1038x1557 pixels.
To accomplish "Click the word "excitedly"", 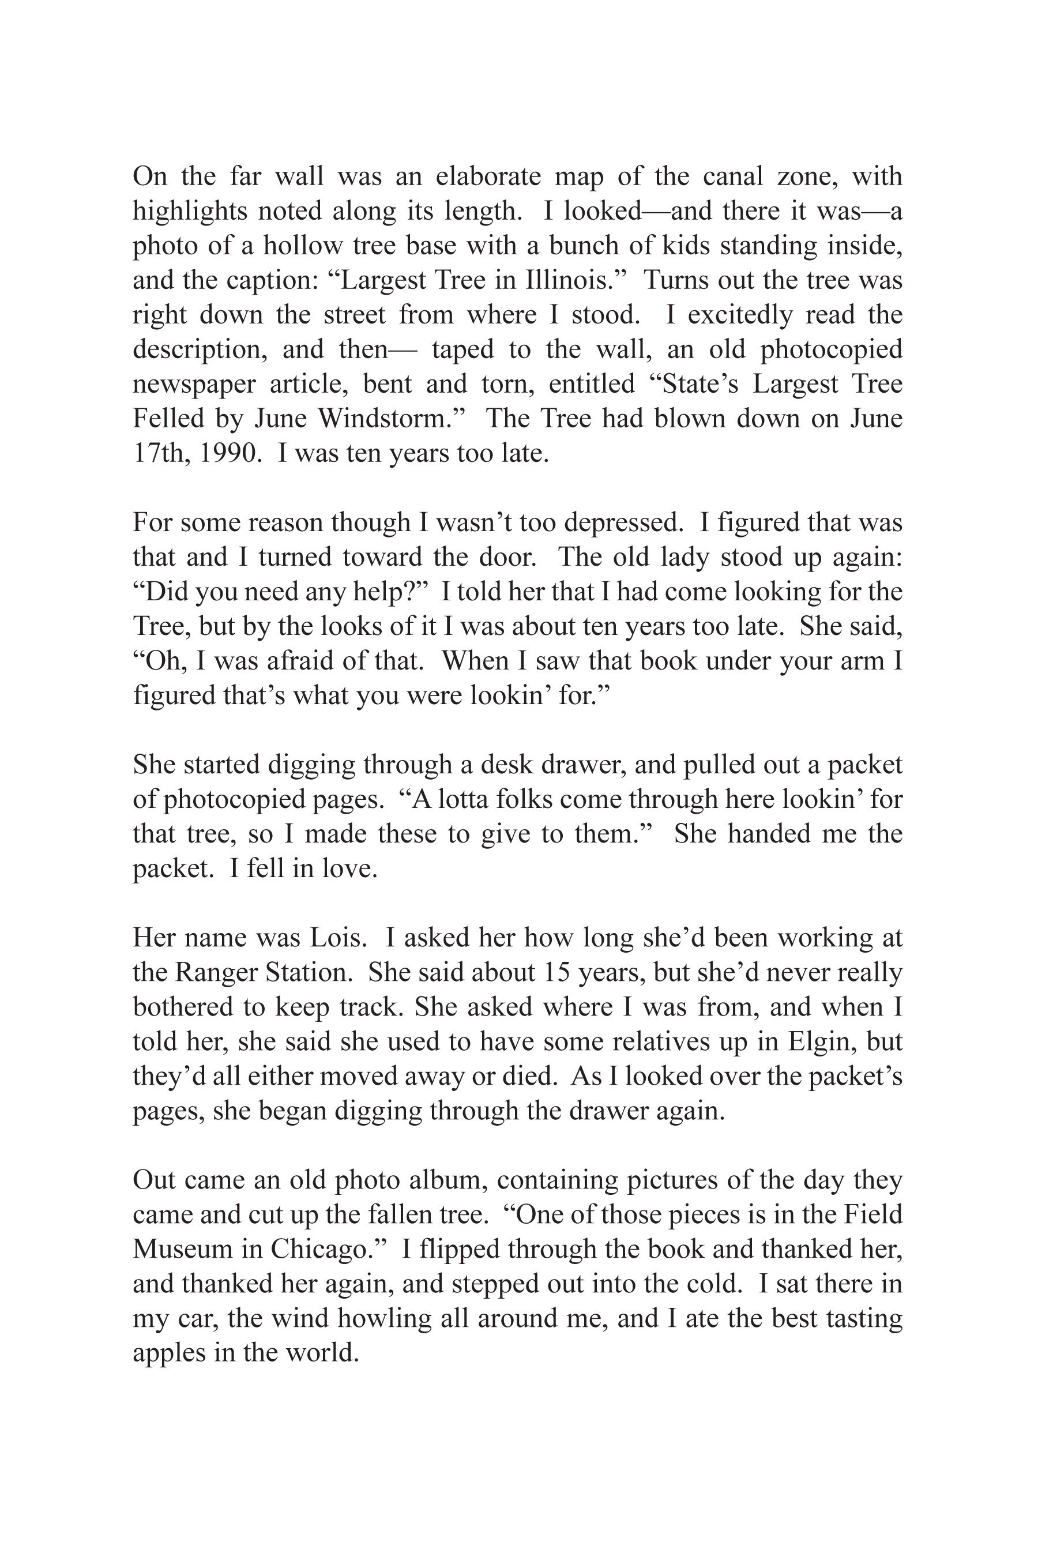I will pos(740,314).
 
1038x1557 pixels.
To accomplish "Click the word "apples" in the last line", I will pos(170,1352).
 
